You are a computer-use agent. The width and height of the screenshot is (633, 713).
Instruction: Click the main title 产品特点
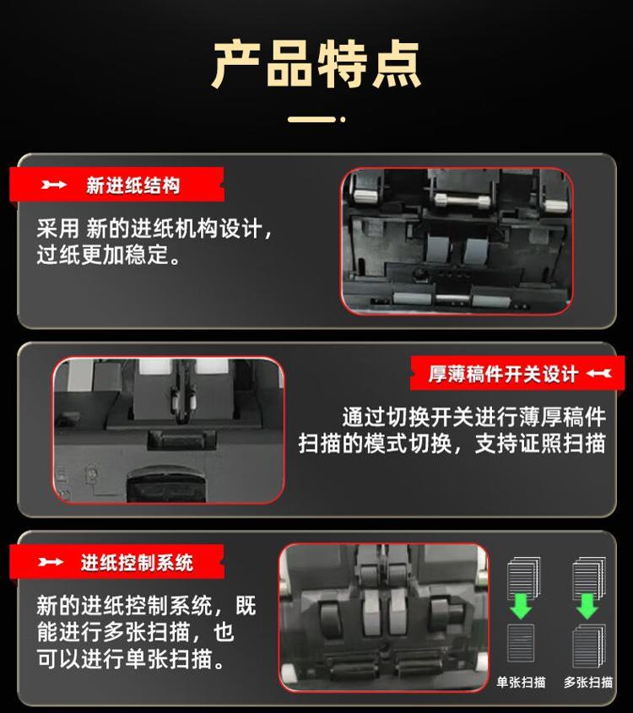(316, 64)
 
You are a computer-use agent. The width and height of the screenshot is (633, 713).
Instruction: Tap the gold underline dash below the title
(311, 119)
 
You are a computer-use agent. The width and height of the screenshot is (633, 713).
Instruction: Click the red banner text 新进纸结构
(133, 186)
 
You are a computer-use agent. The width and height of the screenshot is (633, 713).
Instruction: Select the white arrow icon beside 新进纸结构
(54, 185)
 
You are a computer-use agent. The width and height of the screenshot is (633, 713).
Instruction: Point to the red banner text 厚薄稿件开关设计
(503, 375)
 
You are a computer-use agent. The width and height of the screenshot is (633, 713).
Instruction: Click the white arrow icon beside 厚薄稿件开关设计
(599, 374)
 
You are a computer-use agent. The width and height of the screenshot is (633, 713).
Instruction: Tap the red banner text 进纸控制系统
(137, 563)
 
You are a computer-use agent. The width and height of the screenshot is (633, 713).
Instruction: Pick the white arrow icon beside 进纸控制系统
(51, 562)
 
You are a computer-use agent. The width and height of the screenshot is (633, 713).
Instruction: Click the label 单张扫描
(521, 682)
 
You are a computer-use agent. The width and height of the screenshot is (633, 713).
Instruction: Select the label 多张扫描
(588, 682)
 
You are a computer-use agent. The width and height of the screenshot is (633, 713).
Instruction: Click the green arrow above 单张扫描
(521, 606)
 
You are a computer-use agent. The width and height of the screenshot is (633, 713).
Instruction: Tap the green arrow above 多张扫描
(587, 606)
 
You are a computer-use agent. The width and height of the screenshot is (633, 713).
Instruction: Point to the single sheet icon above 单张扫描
(521, 642)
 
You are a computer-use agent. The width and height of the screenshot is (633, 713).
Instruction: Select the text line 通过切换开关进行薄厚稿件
(473, 418)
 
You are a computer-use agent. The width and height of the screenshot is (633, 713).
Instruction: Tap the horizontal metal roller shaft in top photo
(462, 200)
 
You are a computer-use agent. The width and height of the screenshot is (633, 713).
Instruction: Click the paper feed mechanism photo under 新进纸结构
(457, 241)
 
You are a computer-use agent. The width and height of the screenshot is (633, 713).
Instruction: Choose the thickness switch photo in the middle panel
(169, 430)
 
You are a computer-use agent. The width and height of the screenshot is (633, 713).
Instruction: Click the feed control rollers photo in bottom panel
(384, 618)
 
